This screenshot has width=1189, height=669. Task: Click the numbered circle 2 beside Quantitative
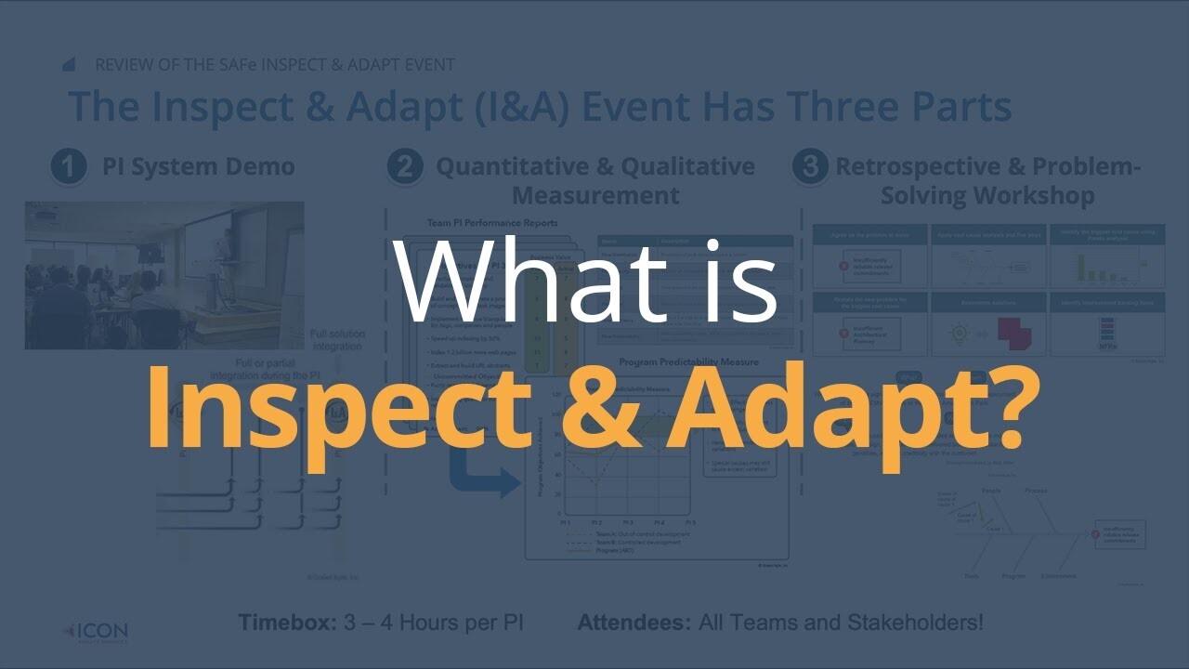(405, 168)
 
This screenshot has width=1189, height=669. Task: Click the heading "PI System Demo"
(198, 167)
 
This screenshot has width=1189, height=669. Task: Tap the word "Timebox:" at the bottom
(287, 623)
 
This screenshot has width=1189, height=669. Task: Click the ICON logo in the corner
(96, 632)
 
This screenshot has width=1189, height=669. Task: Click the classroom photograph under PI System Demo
(164, 275)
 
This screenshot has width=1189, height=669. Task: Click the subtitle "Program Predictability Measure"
(688, 361)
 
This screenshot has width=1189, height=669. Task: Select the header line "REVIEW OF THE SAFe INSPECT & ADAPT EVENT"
(275, 65)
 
